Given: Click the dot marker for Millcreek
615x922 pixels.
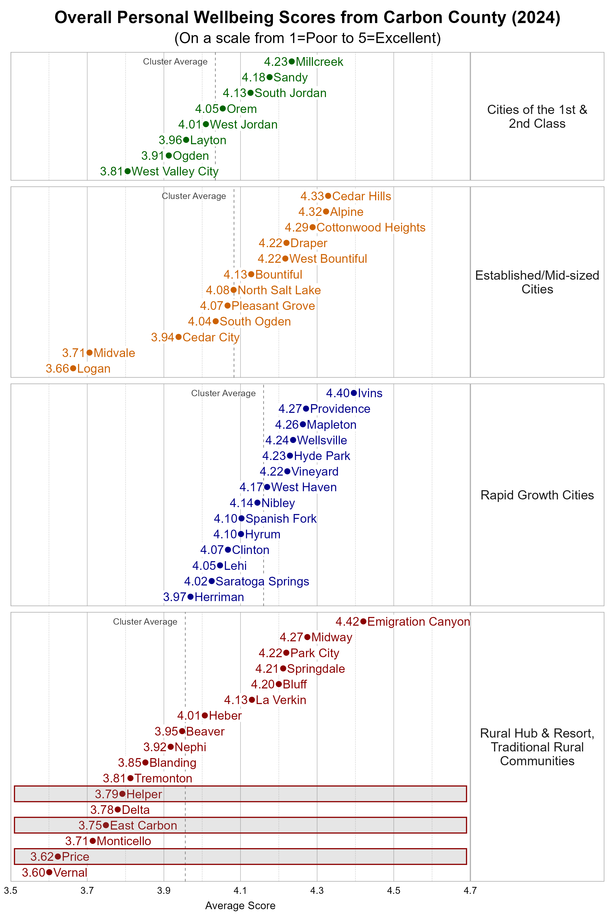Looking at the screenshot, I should click(x=291, y=61).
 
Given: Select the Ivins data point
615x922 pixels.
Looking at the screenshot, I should click(x=354, y=393).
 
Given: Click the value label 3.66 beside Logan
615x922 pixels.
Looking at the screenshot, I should click(x=57, y=369).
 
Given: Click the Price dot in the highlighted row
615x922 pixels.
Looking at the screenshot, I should click(x=58, y=856).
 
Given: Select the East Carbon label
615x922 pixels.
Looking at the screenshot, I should click(x=143, y=825).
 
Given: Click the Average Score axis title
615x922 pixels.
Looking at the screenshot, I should click(x=240, y=906).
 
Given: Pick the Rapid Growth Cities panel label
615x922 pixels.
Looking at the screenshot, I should click(x=537, y=495).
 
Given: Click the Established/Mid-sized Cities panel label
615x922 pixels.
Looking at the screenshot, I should click(x=537, y=282).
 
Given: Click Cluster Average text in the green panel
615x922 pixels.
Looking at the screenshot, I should click(x=175, y=61).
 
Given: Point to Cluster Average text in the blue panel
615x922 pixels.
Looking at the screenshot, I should click(x=223, y=393).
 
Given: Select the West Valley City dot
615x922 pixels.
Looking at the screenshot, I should click(x=127, y=171).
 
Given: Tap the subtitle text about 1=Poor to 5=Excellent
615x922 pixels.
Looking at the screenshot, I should click(x=307, y=38).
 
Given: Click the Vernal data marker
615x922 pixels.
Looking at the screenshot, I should click(x=49, y=872).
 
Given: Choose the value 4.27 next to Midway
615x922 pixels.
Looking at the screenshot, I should click(x=291, y=637).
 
